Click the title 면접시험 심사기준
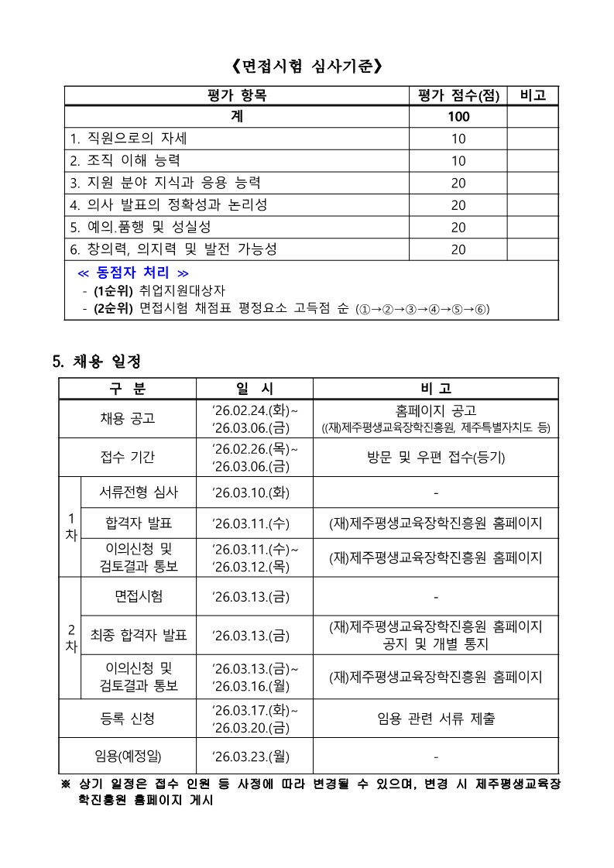(x=307, y=67)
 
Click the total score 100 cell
(x=458, y=117)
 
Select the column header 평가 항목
(x=236, y=96)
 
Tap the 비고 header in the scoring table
(x=532, y=96)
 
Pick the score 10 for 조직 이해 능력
(x=458, y=161)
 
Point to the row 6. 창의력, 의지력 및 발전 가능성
(x=173, y=249)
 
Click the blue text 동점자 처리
(x=133, y=273)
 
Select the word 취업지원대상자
(x=183, y=291)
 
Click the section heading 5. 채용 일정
(x=96, y=362)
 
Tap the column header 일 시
(x=254, y=389)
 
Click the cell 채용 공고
(x=128, y=418)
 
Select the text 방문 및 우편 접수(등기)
(x=436, y=457)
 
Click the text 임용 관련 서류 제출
(x=436, y=719)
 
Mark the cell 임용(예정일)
(x=128, y=756)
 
